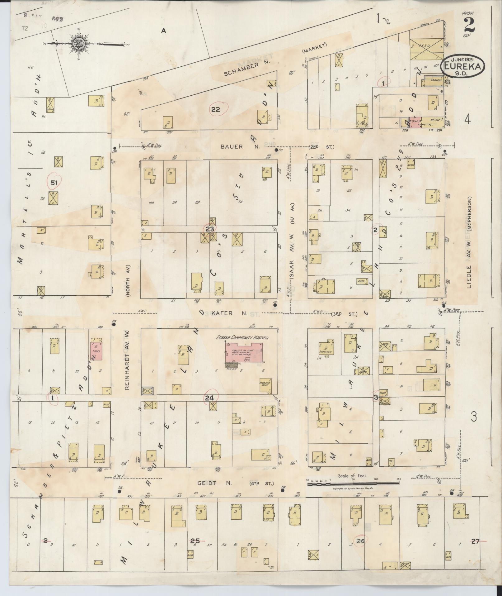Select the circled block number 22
[x=216, y=109]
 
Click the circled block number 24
[x=209, y=398]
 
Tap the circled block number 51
[x=54, y=183]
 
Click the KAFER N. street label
[x=231, y=313]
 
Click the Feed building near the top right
[x=426, y=49]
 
